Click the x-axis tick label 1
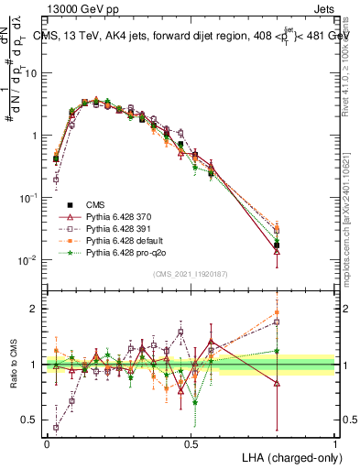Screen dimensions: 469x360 tap(335, 442)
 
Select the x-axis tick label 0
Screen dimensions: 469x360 tap(47, 442)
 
